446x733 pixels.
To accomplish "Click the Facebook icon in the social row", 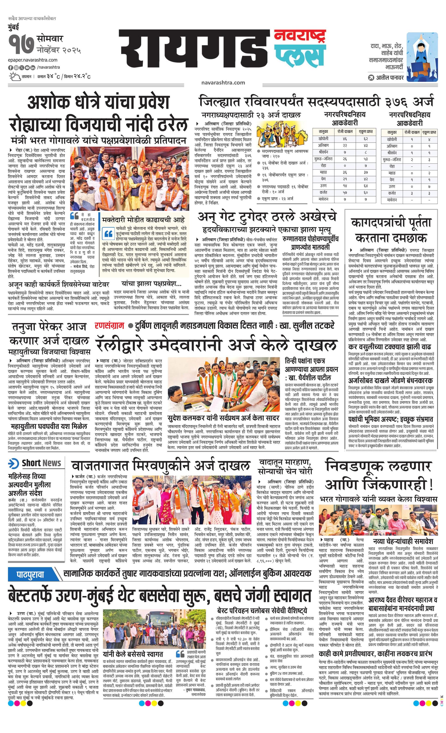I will (10, 67).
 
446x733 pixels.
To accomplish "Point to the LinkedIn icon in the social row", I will (33, 67).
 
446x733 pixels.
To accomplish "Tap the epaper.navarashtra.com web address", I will (33, 60).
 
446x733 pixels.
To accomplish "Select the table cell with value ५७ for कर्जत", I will (345, 192).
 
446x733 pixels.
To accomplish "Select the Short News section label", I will (41, 463).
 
